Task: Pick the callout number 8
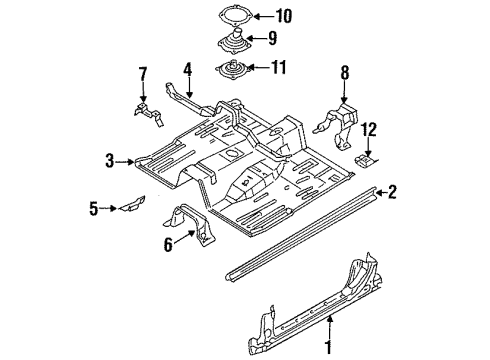[344, 72]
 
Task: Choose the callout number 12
[370, 129]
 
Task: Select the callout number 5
[95, 209]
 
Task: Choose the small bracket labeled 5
[129, 207]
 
